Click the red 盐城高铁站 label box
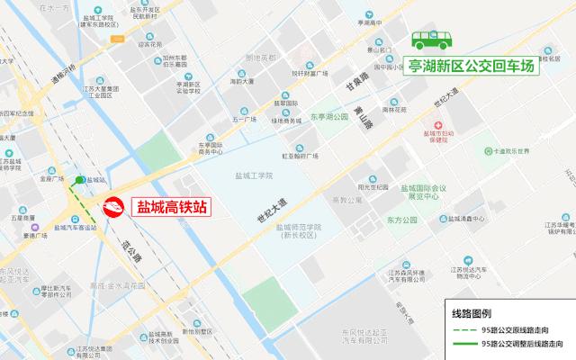[x=171, y=207]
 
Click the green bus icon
[x=432, y=40]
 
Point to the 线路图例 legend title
[x=472, y=313]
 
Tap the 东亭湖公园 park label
[x=329, y=117]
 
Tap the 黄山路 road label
[x=363, y=117]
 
